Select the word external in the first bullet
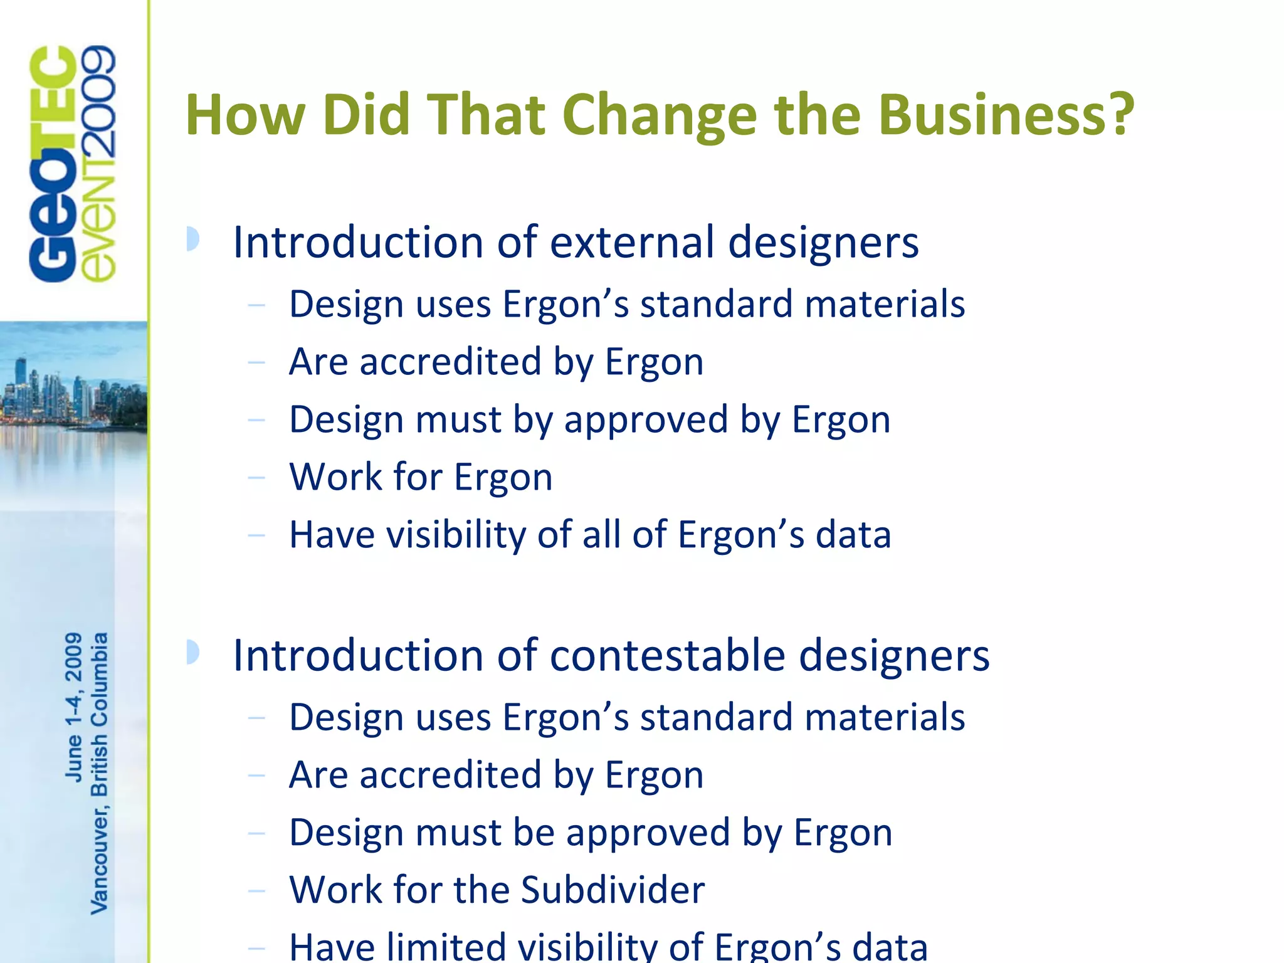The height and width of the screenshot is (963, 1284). [632, 242]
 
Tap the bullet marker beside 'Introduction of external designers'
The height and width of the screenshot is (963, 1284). [193, 239]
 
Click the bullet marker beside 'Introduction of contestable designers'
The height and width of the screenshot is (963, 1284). [193, 652]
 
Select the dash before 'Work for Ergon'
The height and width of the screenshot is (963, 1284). [256, 478]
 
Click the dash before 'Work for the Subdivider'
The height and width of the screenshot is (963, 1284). [256, 890]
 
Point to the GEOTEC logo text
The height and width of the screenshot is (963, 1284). [53, 164]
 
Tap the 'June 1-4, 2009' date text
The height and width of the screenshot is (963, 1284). [74, 707]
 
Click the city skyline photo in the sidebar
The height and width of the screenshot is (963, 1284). [74, 401]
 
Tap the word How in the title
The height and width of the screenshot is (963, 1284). [245, 115]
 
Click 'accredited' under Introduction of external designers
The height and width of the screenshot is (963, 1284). [450, 362]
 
